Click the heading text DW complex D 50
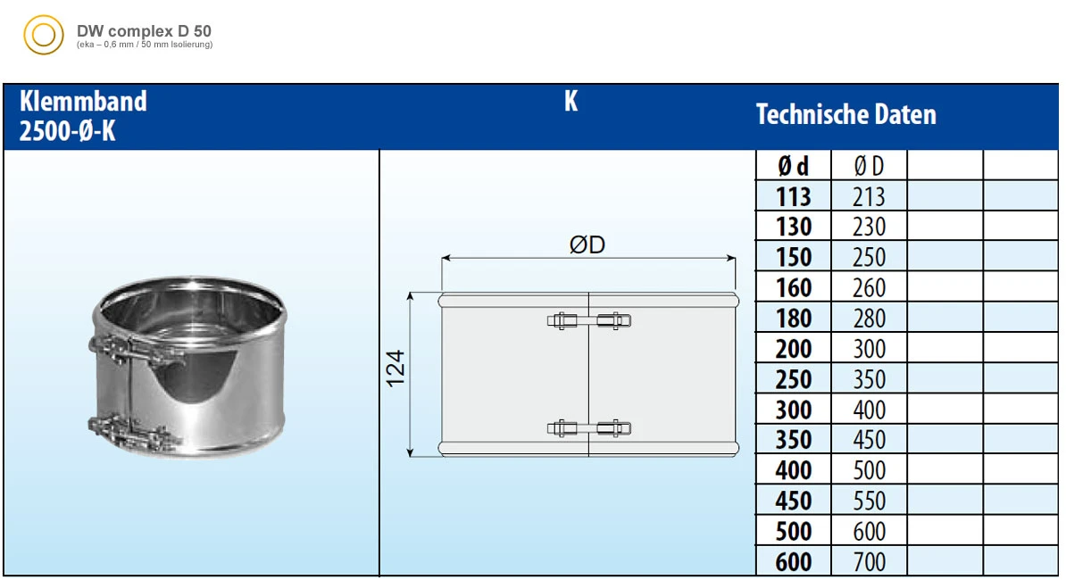144,31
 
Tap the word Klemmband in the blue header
83,101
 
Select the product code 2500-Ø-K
67,131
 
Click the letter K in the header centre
571,101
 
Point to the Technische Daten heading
845,114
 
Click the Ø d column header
794,166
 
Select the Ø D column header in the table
869,166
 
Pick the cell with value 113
794,196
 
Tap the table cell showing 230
869,227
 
